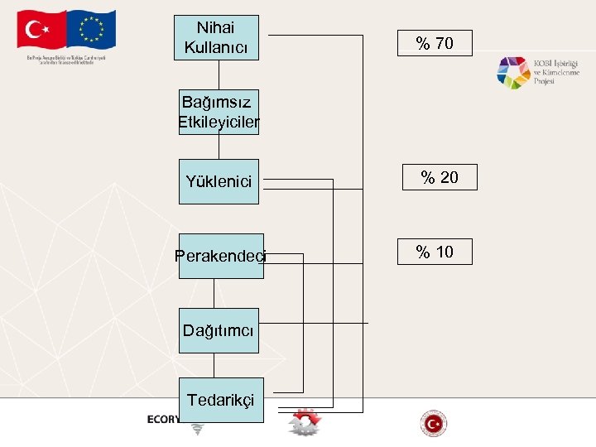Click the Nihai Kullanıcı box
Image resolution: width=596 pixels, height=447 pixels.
click(216, 38)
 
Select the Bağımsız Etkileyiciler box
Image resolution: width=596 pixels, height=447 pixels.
click(219, 112)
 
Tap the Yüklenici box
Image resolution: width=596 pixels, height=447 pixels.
click(219, 181)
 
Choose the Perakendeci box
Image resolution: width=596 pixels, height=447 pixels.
click(220, 256)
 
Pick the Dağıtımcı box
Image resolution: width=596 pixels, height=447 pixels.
click(219, 330)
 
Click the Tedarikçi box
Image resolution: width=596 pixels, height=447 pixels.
click(220, 400)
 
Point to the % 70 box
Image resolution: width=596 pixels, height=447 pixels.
click(435, 43)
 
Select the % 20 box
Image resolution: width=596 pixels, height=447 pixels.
click(440, 177)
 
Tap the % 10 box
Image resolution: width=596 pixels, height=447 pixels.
click(435, 252)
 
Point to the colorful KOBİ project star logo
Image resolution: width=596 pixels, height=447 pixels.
click(513, 73)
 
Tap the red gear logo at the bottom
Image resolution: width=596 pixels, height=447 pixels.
click(304, 422)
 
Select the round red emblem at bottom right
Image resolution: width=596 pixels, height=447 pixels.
click(433, 424)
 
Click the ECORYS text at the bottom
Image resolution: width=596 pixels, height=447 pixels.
click(164, 419)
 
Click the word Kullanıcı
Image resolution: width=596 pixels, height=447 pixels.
click(216, 47)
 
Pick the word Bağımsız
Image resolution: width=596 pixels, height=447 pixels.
click(217, 103)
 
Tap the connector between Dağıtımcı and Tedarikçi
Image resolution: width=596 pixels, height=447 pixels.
click(214, 365)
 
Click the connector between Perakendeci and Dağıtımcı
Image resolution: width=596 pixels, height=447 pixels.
click(214, 293)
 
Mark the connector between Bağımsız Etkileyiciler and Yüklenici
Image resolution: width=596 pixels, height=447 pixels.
click(219, 147)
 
